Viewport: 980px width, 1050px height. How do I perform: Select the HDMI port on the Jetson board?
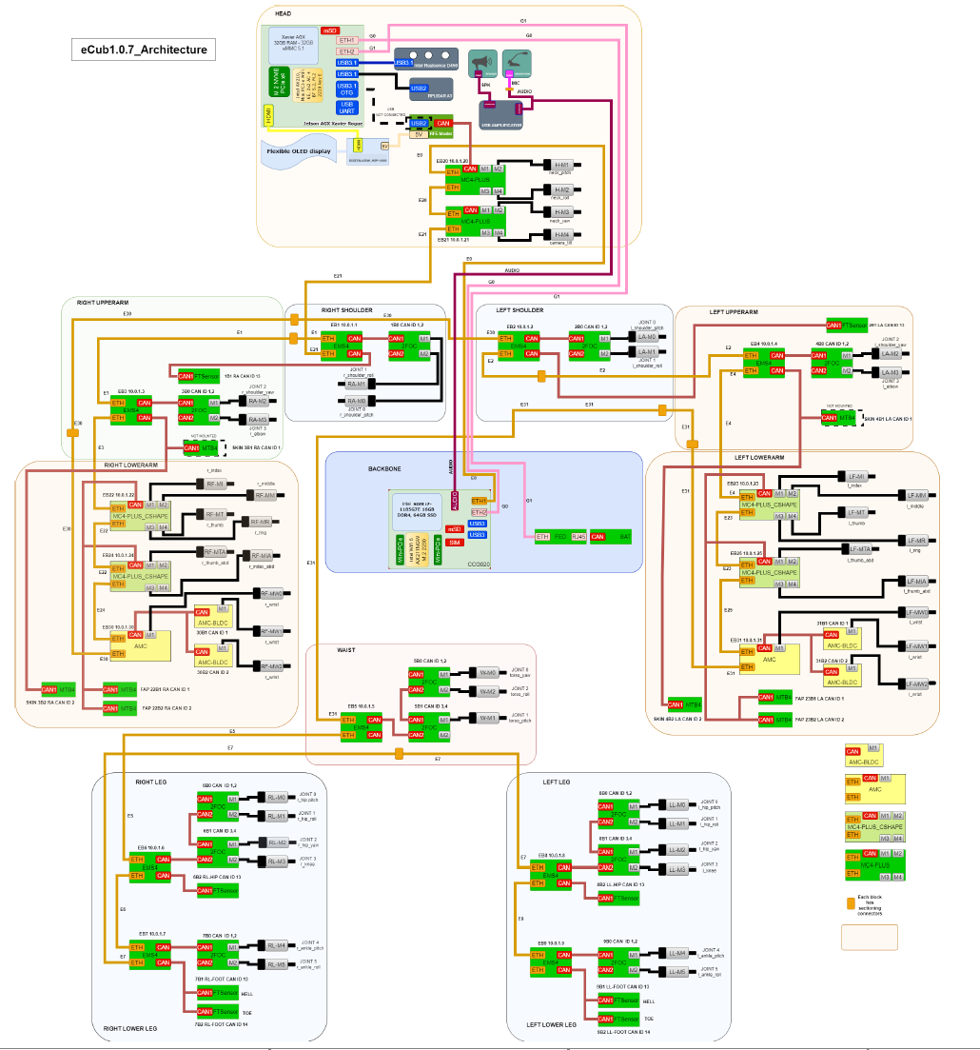(x=268, y=116)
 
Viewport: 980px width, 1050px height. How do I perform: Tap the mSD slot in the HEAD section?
(x=330, y=31)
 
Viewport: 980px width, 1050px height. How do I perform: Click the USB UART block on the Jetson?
(x=347, y=109)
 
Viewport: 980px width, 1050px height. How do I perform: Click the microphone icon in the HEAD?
(x=517, y=63)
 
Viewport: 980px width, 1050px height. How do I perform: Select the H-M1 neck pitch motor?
(x=561, y=165)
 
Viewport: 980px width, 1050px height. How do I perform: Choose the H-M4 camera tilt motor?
(x=561, y=234)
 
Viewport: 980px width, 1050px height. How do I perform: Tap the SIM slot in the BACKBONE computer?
(x=454, y=542)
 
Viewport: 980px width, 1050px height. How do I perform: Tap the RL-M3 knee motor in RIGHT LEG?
(x=277, y=862)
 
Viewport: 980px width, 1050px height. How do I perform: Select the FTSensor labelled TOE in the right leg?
(x=218, y=1011)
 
